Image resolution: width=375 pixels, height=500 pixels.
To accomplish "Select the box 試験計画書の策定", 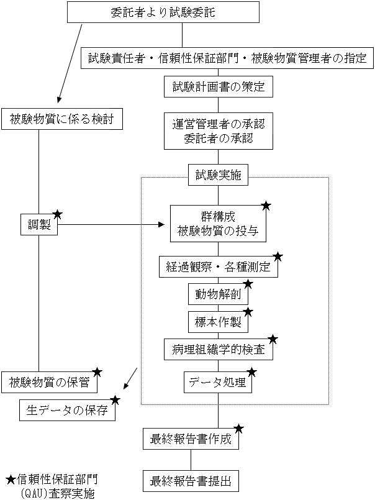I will [x=218, y=87].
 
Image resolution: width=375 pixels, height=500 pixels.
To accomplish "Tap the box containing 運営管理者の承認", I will [x=218, y=131].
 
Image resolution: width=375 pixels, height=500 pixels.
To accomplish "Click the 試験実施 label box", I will [x=218, y=176].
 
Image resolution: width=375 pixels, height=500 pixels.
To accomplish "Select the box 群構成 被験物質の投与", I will [x=217, y=224].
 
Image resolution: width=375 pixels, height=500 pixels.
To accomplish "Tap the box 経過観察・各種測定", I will [x=218, y=267].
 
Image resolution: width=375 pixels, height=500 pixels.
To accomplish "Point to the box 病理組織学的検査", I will [x=218, y=350].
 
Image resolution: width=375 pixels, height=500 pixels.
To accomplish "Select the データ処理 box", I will [x=218, y=383].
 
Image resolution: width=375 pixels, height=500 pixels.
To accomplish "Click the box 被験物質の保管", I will [x=50, y=382].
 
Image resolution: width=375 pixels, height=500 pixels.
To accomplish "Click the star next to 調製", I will [x=58, y=214].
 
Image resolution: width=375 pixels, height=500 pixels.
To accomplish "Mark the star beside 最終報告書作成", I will [x=238, y=429].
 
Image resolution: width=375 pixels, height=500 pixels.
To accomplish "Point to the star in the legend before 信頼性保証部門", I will [x=11, y=480].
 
